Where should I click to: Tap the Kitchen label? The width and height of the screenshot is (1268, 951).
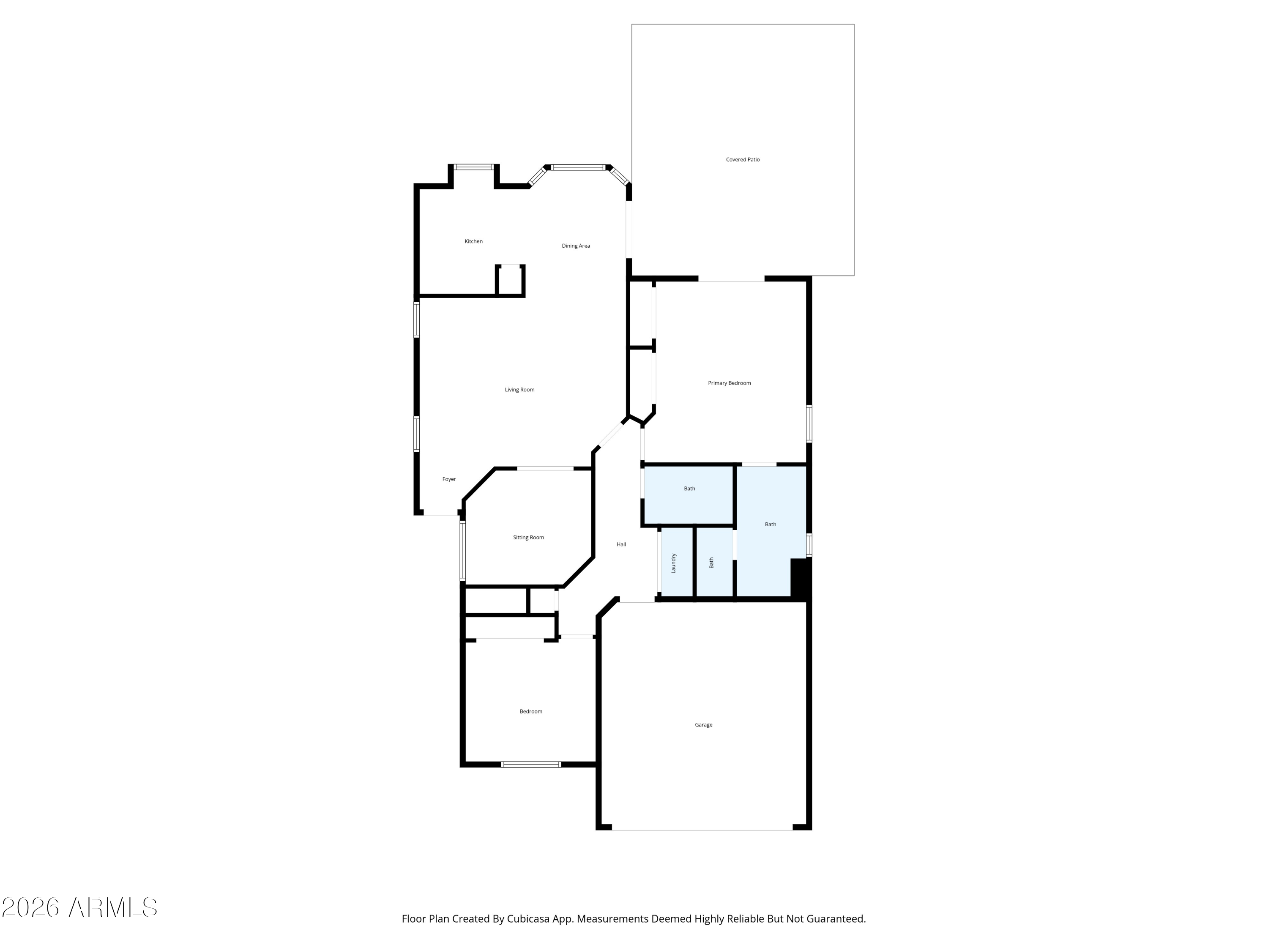(x=473, y=241)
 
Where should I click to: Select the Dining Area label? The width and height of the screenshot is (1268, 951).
(x=576, y=246)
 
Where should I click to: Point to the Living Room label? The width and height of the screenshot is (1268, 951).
(x=519, y=390)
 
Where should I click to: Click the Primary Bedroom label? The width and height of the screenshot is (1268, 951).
(x=729, y=383)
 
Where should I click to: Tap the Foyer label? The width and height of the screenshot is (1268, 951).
(x=449, y=479)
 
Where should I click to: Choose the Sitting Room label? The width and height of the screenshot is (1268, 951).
(x=528, y=538)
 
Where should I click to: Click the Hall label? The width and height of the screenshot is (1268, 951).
(x=621, y=544)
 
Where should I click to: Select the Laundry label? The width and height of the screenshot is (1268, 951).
(x=674, y=563)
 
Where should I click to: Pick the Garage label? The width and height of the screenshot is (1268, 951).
(x=703, y=725)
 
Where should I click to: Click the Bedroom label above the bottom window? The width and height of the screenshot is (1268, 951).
(x=531, y=712)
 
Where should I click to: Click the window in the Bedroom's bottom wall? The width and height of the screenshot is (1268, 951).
(x=531, y=765)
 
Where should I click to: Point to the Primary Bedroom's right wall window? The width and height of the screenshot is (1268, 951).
(x=809, y=424)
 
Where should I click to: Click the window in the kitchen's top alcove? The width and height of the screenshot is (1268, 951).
(x=473, y=167)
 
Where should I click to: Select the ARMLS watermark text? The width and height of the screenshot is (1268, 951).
(x=80, y=907)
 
